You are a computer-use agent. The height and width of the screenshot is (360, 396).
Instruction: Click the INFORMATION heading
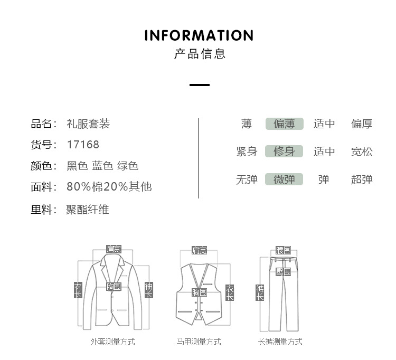click(x=199, y=36)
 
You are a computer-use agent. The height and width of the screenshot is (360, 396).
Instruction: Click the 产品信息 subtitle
click(x=200, y=54)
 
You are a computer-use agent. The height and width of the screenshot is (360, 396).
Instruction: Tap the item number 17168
click(x=83, y=145)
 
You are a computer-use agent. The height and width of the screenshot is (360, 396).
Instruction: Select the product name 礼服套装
click(x=88, y=124)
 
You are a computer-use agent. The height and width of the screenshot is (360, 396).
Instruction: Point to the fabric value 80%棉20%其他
click(x=109, y=187)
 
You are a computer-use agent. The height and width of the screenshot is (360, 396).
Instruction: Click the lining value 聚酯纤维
click(x=88, y=210)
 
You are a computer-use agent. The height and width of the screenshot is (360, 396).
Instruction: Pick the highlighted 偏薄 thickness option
click(x=284, y=124)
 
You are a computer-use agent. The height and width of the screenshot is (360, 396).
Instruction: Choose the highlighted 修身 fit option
click(x=284, y=152)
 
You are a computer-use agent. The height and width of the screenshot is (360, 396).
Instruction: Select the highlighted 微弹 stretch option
click(x=284, y=179)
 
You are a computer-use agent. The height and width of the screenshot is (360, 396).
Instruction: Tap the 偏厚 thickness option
click(x=362, y=124)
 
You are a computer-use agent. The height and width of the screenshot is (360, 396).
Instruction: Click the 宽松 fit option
click(x=362, y=152)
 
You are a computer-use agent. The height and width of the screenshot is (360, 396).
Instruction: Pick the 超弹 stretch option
click(x=362, y=179)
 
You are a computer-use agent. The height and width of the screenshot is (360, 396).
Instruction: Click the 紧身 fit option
click(x=247, y=152)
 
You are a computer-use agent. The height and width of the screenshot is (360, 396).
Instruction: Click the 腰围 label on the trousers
click(x=283, y=250)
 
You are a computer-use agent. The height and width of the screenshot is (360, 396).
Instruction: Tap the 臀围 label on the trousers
click(x=283, y=272)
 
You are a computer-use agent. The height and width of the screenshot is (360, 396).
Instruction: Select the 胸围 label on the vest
click(x=199, y=292)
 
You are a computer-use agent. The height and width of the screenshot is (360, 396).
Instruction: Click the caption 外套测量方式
click(x=112, y=342)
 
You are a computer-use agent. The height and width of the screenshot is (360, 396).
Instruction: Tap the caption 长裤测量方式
click(x=280, y=342)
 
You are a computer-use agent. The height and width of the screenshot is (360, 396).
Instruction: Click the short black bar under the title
click(x=200, y=84)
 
